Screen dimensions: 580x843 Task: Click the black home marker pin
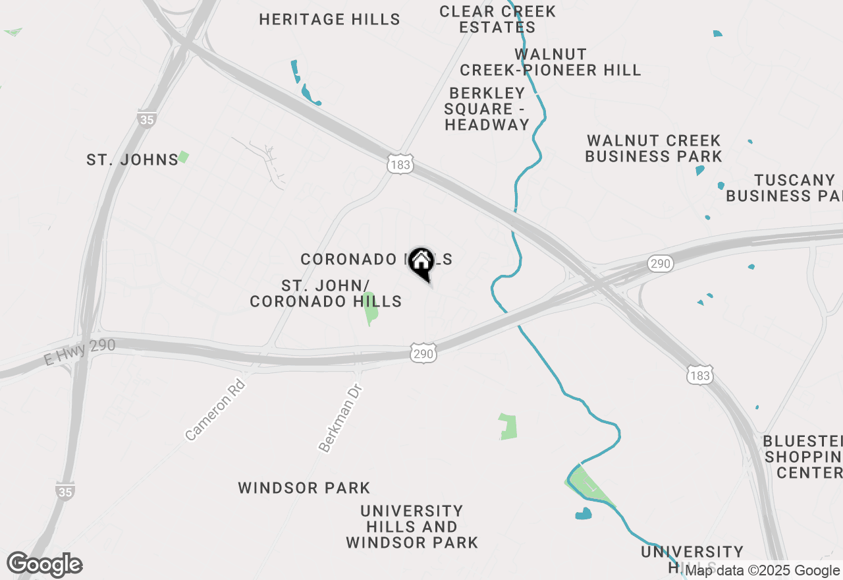(421, 262)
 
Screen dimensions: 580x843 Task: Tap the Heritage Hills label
(329, 20)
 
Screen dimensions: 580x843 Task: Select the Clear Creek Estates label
(498, 20)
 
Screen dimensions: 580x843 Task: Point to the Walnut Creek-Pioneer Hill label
(551, 62)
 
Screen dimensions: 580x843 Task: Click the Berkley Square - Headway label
(487, 109)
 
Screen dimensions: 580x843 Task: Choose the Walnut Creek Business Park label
(653, 149)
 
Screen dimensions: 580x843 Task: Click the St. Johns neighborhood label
(132, 159)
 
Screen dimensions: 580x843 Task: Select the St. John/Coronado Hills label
(326, 294)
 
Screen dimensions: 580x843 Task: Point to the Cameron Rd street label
(215, 410)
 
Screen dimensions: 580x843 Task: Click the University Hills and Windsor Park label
(412, 527)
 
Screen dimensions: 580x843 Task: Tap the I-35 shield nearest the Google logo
(65, 491)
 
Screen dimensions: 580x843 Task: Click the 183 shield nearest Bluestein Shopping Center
(699, 375)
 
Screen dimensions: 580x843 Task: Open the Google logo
(45, 564)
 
